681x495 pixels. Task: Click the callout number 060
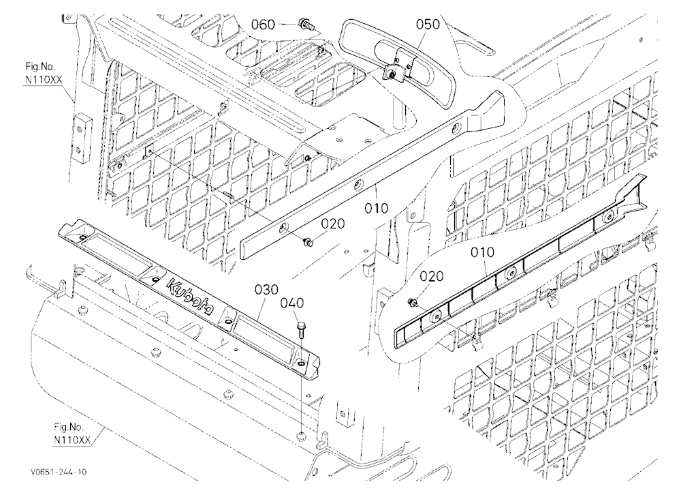(x=263, y=25)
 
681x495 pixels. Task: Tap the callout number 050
(x=428, y=25)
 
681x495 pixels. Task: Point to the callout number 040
(x=292, y=303)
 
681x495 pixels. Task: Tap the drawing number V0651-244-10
(x=59, y=472)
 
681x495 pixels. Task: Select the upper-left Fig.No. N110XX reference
(x=40, y=74)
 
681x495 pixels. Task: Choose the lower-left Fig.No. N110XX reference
(x=72, y=434)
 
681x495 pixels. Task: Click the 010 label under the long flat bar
(x=376, y=209)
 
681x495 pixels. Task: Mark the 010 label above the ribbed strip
(x=483, y=252)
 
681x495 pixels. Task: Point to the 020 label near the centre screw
(x=333, y=224)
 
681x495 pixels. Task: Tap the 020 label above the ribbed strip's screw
(x=432, y=277)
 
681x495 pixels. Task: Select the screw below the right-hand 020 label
(x=412, y=302)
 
